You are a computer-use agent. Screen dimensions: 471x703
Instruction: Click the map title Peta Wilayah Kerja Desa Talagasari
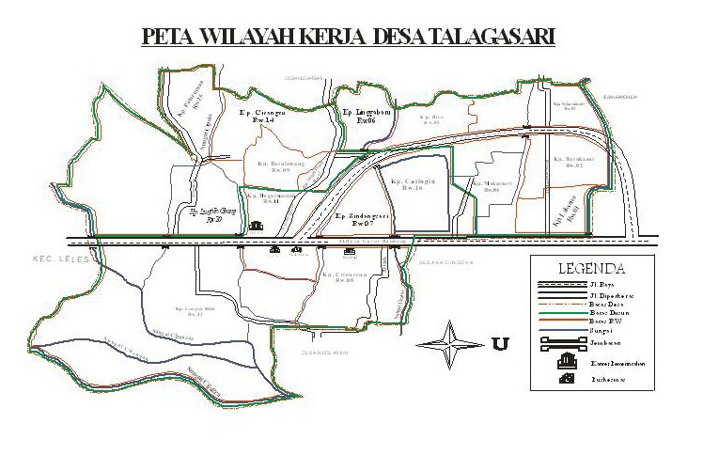click(348, 37)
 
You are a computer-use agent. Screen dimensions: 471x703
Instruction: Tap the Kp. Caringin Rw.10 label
click(413, 183)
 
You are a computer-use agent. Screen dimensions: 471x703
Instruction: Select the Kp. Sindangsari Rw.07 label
click(363, 220)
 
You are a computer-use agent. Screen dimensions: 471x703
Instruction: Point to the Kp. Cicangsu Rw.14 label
click(256, 117)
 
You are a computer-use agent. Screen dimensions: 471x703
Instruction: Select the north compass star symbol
click(452, 338)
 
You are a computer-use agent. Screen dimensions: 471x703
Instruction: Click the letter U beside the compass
click(499, 343)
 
